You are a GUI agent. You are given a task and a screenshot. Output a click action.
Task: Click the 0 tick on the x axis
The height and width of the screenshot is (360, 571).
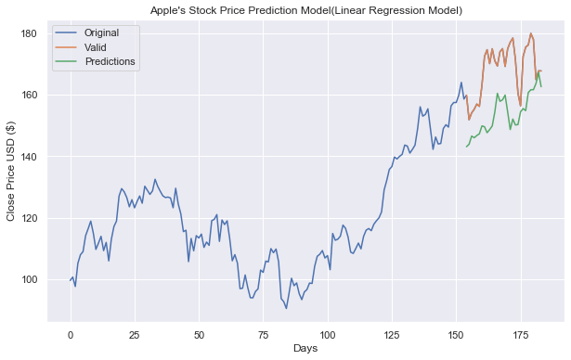[x=71, y=333]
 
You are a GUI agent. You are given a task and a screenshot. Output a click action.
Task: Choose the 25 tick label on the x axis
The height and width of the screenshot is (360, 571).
[x=135, y=333]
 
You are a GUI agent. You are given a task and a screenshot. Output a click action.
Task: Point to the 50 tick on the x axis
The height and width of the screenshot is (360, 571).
[x=199, y=333]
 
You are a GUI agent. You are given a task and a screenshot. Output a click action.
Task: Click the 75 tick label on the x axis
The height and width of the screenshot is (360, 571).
[x=263, y=333]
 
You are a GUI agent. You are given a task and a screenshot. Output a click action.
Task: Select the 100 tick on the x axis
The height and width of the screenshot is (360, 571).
[x=327, y=333]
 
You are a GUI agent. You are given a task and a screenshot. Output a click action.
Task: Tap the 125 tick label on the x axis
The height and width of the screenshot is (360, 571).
[x=391, y=333]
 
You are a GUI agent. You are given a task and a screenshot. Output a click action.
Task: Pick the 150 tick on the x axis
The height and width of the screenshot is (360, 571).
[x=456, y=333]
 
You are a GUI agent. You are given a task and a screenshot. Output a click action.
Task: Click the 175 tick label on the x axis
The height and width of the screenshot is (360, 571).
[x=520, y=333]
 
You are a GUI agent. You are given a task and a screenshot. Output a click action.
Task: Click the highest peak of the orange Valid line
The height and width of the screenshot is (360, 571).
[x=531, y=33]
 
